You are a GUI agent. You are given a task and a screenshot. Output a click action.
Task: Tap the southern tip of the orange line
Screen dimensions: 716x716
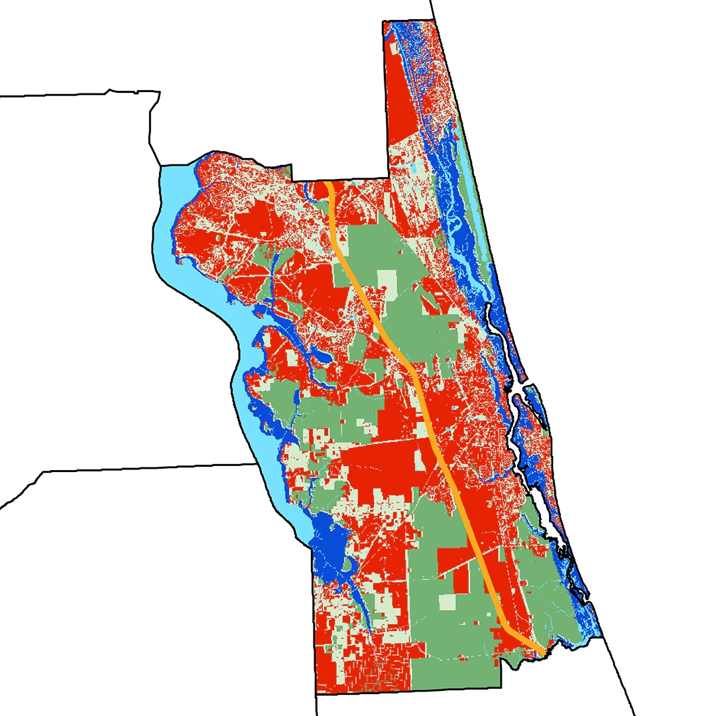point(543,654)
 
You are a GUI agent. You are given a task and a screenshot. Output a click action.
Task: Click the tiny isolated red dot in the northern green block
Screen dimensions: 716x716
point(400,253)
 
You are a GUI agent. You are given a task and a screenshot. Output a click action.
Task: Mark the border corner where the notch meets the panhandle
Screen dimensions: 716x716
point(387,178)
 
